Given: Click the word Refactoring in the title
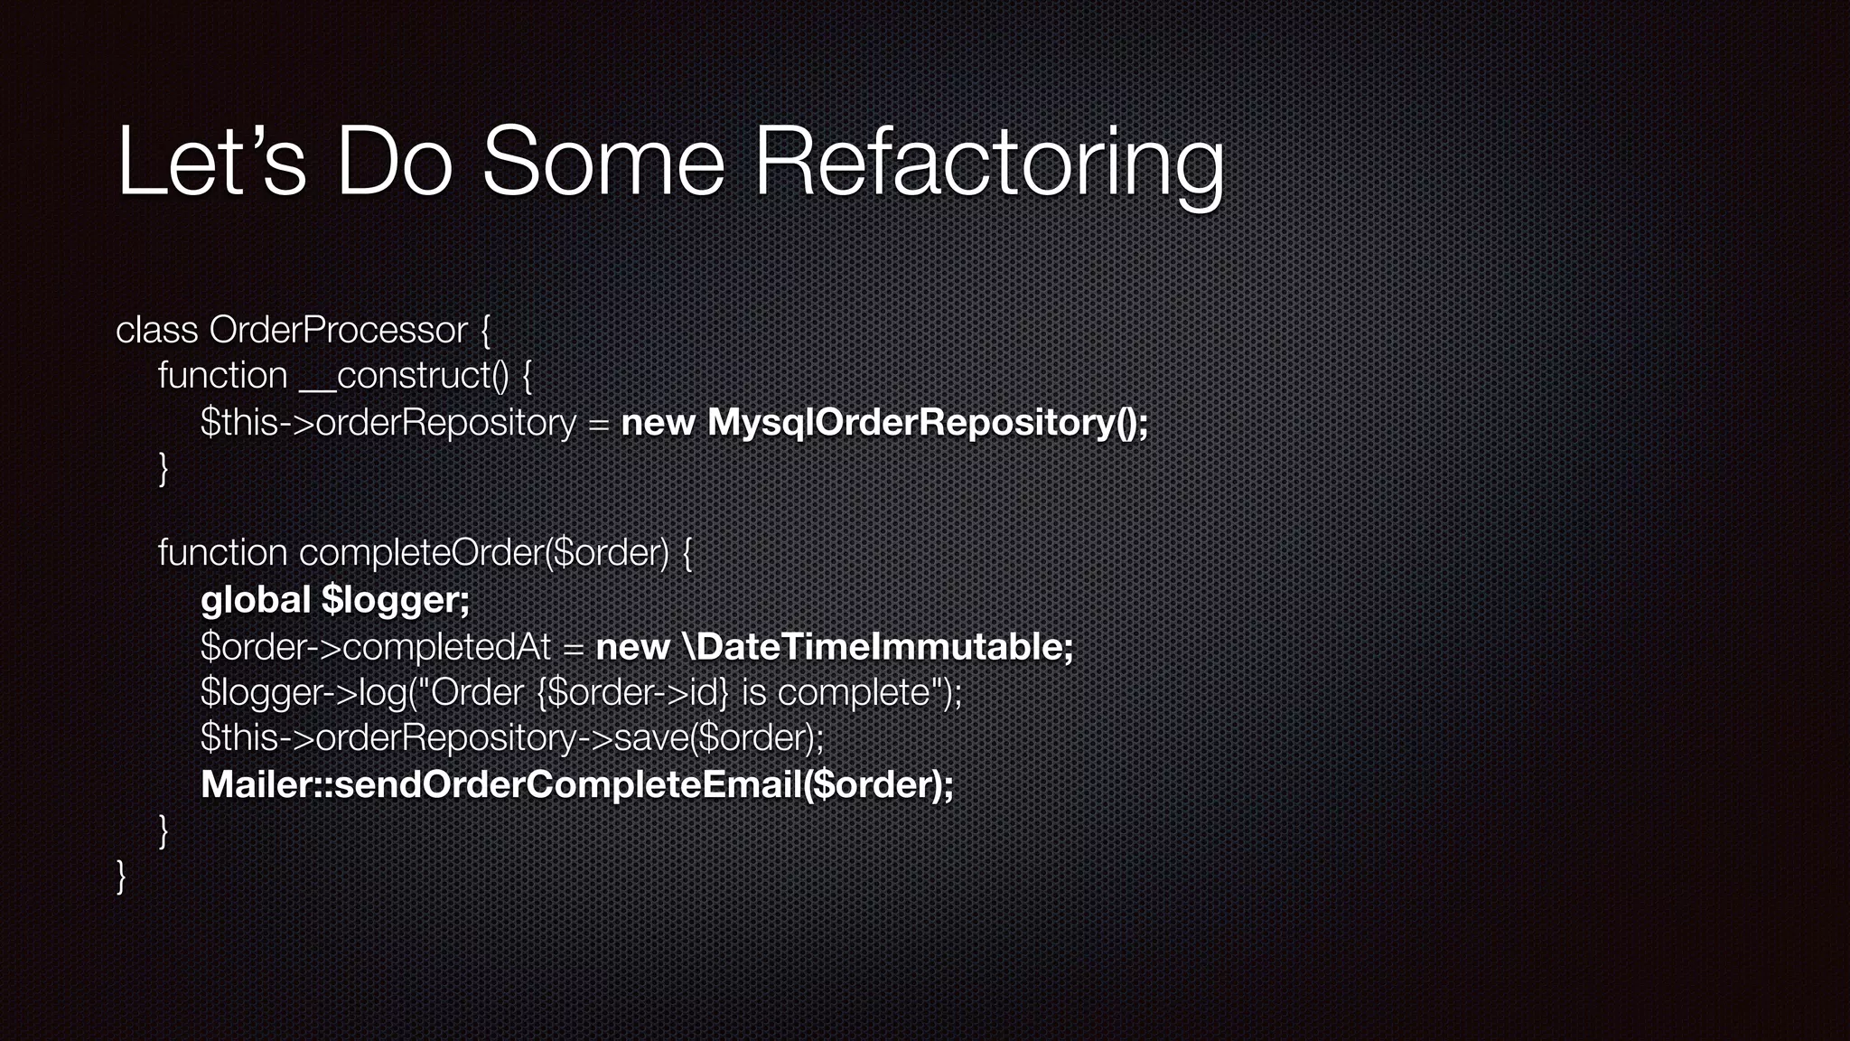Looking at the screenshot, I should pos(988,163).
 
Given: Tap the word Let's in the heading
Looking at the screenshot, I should pos(211,163).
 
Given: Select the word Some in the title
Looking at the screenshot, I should pos(603,163).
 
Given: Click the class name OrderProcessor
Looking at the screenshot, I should pos(339,330).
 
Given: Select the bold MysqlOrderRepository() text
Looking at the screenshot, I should pos(928,422).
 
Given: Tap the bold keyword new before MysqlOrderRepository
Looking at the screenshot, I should pos(657,422).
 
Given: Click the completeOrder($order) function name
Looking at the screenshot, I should pos(484,553).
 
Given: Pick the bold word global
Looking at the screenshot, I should pos(256,599).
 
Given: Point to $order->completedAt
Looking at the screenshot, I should pos(375,646).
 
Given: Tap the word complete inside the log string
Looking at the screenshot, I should pos(854,692).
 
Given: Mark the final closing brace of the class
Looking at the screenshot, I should pos(121,877).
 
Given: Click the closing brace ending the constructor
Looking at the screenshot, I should pos(164,468).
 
